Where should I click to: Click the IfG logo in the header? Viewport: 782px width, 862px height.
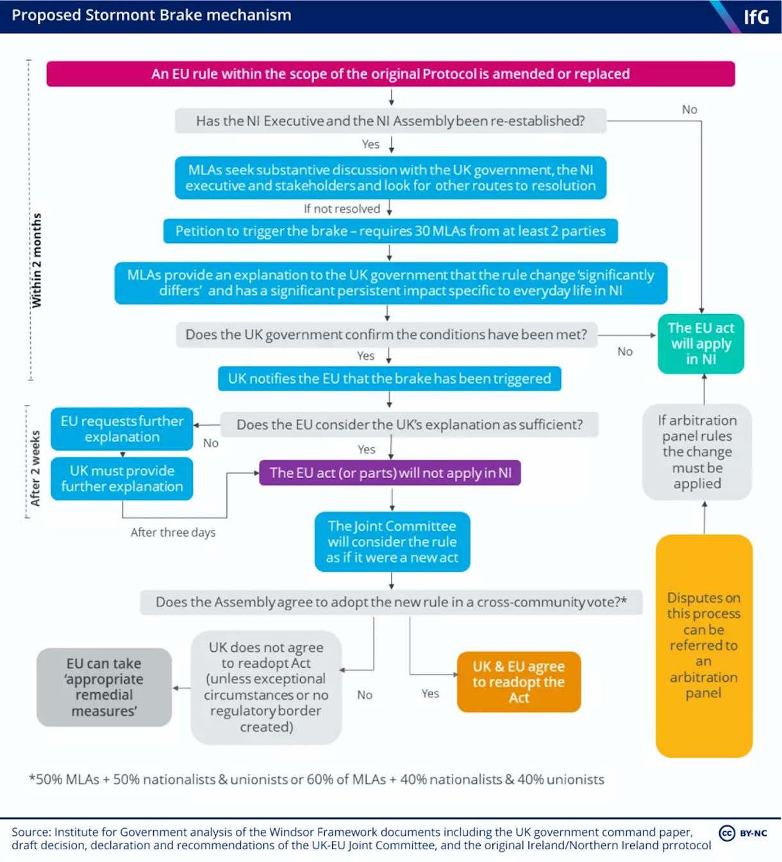tap(756, 17)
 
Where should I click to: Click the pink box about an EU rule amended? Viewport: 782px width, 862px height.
tap(390, 74)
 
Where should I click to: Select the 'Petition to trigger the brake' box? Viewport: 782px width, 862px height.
tap(390, 231)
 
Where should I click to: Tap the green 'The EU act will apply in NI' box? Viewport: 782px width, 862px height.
tap(701, 344)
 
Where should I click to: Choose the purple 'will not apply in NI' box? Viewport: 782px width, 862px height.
tap(390, 473)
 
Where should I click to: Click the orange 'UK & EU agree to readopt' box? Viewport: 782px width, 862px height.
tap(519, 682)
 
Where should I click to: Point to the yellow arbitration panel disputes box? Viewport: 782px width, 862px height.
tap(704, 645)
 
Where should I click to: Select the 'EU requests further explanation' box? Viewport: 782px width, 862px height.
tap(122, 429)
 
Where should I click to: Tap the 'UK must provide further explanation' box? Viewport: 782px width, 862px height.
tap(122, 478)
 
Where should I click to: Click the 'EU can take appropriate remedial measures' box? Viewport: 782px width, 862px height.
tap(104, 687)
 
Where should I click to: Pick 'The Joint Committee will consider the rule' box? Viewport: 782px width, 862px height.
tap(392, 542)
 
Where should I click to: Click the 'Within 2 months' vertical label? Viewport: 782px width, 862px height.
tap(37, 260)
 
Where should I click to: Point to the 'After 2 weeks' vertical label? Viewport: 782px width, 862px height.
tap(35, 468)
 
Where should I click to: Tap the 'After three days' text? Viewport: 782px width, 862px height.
tap(173, 532)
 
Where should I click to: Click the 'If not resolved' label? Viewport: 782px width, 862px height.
tap(342, 209)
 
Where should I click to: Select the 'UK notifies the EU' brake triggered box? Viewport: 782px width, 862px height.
tap(389, 378)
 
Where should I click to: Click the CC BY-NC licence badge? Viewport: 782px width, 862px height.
tap(743, 833)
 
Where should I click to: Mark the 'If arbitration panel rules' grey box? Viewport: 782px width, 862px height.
tap(697, 452)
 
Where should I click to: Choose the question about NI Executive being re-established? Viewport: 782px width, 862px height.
tap(390, 120)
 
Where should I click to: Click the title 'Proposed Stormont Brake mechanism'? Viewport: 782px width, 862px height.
tap(151, 15)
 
